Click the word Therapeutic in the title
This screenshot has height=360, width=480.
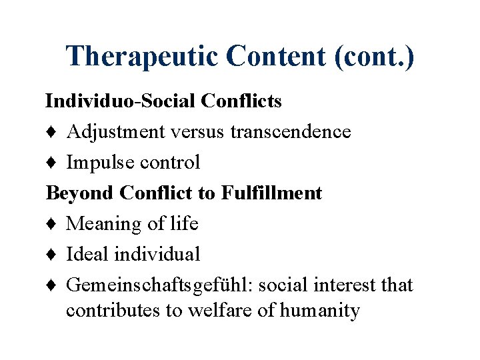point(141,57)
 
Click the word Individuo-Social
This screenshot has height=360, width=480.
point(118,101)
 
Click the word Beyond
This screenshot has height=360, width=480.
point(80,193)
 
